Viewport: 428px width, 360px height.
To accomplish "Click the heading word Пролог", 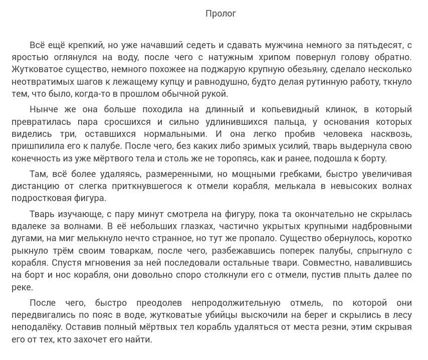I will [x=221, y=14].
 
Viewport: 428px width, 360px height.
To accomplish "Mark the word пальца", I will [x=288, y=122].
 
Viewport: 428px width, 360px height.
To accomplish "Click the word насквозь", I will [x=391, y=134].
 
